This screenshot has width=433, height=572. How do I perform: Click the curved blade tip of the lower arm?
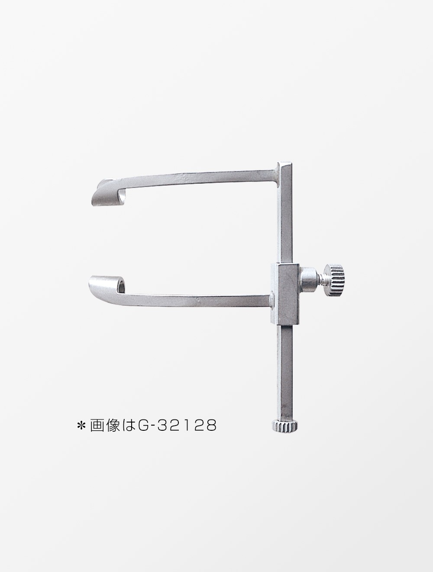(106, 284)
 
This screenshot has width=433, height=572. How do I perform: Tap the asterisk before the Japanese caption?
(81, 426)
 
